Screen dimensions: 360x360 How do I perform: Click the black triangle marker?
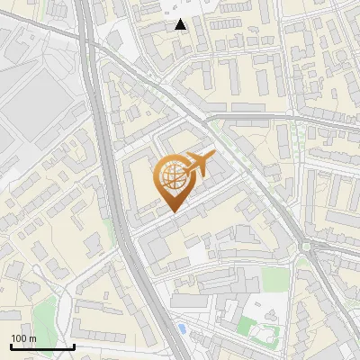coord(181,24)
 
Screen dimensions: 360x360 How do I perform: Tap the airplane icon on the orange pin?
coord(197,166)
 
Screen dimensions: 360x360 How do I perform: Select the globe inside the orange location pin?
coord(171,176)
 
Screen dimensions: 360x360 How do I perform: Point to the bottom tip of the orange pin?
coord(171,212)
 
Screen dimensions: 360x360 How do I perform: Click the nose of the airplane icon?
coord(213,157)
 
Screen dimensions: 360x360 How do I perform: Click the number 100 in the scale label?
coord(19,338)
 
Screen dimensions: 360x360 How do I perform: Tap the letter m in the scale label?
coord(32,338)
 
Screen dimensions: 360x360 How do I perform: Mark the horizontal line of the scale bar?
coord(42,346)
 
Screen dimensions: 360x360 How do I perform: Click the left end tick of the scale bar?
coord(11,345)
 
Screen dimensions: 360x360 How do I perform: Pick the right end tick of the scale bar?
coord(74,345)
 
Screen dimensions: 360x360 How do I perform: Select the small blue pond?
coord(183,329)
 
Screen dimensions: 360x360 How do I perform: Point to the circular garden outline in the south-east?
coord(265,335)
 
